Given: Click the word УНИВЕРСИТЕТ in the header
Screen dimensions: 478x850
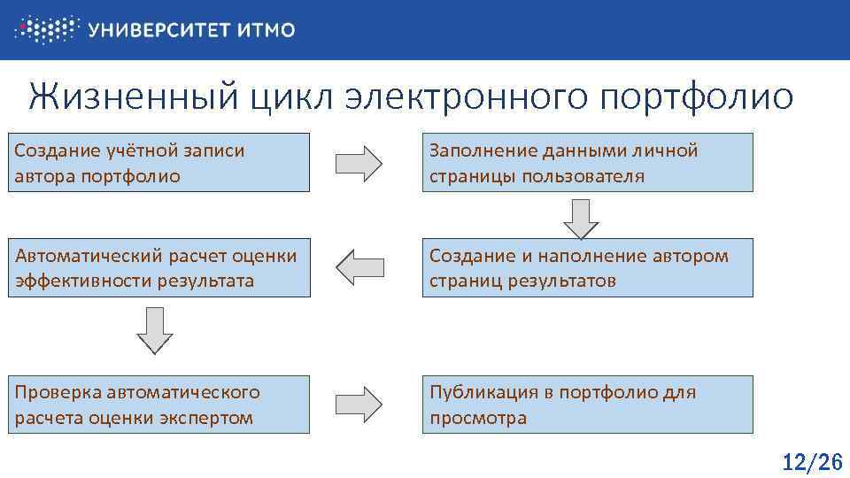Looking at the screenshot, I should [x=160, y=30].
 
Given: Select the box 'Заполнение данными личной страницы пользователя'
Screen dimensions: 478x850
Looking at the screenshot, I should [x=588, y=163].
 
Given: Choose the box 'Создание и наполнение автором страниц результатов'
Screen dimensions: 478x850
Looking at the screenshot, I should [x=588, y=268].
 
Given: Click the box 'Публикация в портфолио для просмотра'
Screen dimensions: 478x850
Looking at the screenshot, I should [x=588, y=405].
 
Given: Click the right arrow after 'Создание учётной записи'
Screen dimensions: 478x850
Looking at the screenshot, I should [x=359, y=163].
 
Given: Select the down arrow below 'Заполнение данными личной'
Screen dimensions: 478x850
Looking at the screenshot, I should [x=581, y=218].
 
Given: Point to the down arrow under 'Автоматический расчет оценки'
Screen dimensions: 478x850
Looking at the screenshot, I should [x=154, y=329].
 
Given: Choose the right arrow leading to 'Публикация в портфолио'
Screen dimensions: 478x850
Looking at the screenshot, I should [x=359, y=405].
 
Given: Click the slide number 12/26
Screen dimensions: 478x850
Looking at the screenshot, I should [x=811, y=461].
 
